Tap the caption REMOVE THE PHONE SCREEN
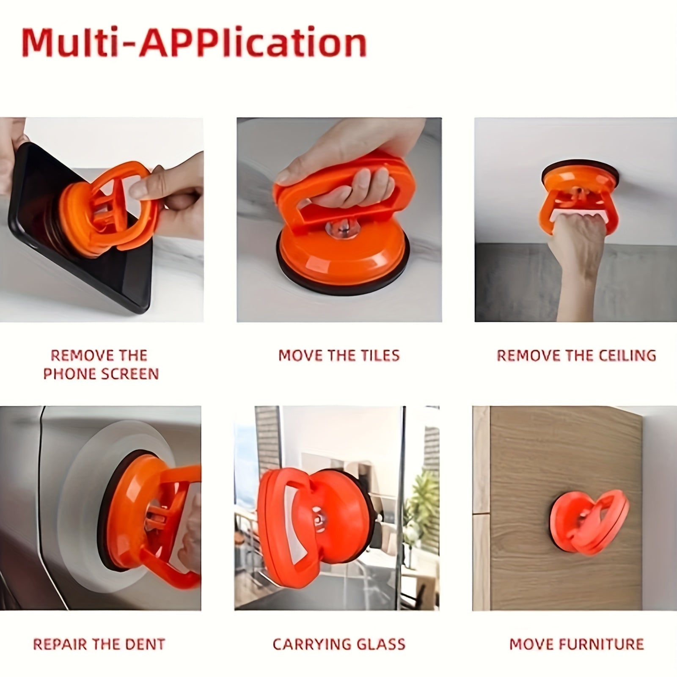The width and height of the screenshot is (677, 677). pos(101,364)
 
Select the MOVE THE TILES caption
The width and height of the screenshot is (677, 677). pos(339,355)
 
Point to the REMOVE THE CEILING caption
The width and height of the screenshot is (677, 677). pos(576,355)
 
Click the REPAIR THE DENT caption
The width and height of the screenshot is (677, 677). pos(99,644)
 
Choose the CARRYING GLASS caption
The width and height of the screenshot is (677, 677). pos(339,644)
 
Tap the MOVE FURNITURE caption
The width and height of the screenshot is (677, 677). pos(577,644)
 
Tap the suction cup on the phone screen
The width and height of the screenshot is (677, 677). pos(108,209)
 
